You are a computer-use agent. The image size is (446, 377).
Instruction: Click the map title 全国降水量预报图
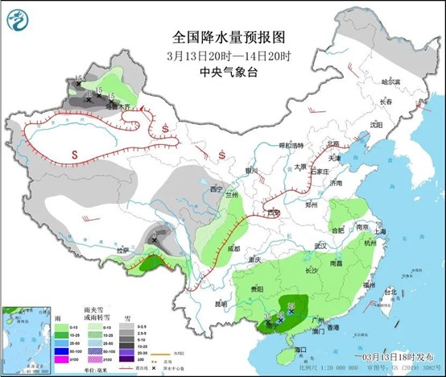pos(229,38)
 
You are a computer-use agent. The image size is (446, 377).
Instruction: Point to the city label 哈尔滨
pos(390,81)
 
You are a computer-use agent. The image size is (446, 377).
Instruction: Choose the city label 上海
pos(381,231)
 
